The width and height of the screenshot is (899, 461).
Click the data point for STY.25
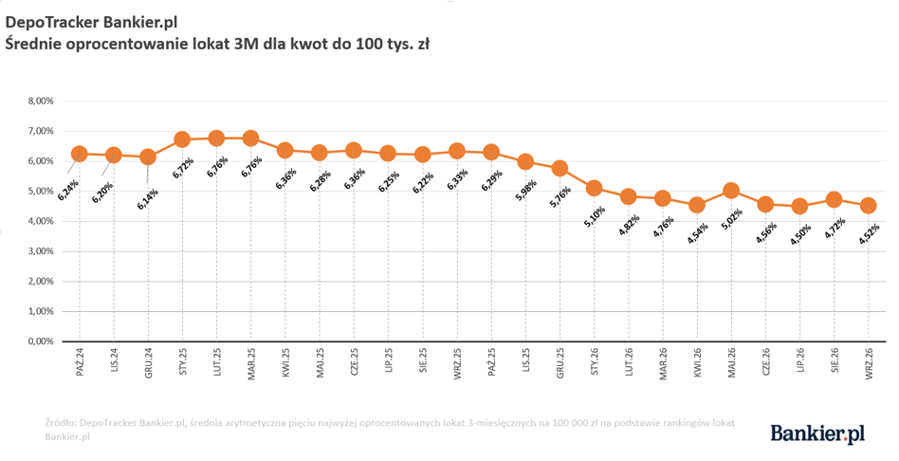[x=182, y=139]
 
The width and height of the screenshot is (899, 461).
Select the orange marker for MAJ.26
[x=731, y=191]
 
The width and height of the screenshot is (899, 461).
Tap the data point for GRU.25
[x=560, y=169]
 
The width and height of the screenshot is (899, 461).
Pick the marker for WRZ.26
[x=868, y=205]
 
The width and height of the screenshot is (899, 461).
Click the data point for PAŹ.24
[x=79, y=154]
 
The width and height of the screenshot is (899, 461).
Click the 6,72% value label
[x=183, y=168]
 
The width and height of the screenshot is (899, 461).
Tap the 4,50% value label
[x=800, y=233]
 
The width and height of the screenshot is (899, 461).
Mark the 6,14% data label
[x=148, y=199]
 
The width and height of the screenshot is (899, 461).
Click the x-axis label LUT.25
[x=217, y=363]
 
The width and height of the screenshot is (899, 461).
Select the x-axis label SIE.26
[x=835, y=361]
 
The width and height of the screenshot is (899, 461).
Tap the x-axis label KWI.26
[x=697, y=362]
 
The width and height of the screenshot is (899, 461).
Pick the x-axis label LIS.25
[x=525, y=361]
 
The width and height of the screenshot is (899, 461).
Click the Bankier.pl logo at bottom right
[x=817, y=433]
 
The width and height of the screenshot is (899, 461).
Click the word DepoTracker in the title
[x=53, y=23]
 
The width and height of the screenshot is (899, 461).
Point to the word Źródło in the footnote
[x=60, y=423]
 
